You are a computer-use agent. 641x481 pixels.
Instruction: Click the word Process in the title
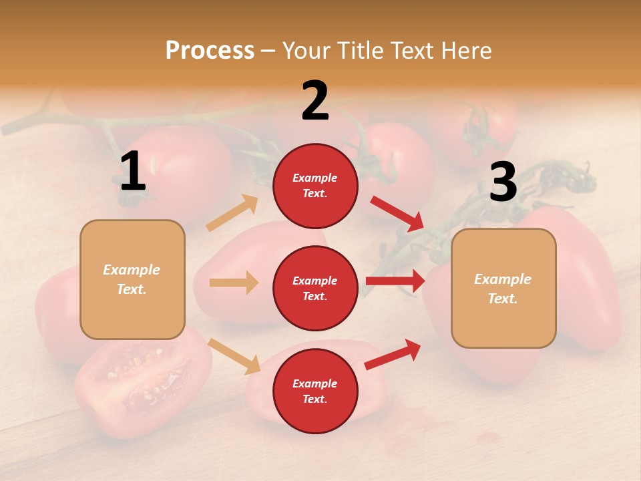210,51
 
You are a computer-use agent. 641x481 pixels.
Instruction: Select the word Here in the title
466,51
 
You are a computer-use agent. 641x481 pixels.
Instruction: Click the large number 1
133,172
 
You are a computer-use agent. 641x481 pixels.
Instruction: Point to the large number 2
315,101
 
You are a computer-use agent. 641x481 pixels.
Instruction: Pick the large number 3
503,182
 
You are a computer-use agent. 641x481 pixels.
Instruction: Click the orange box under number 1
132,279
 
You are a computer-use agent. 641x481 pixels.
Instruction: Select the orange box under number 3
503,288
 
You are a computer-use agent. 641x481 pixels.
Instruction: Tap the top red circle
315,186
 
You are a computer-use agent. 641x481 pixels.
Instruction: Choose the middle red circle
315,288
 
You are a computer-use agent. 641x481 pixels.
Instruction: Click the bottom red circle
315,391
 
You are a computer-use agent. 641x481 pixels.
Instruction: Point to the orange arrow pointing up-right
232,213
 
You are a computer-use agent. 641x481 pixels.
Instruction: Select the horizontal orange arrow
234,283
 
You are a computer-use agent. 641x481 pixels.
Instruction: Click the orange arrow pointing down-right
234,356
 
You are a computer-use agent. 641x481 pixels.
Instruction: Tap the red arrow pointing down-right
397,213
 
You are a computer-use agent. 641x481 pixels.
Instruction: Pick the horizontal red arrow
395,281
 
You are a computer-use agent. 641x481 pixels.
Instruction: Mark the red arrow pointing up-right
393,354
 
